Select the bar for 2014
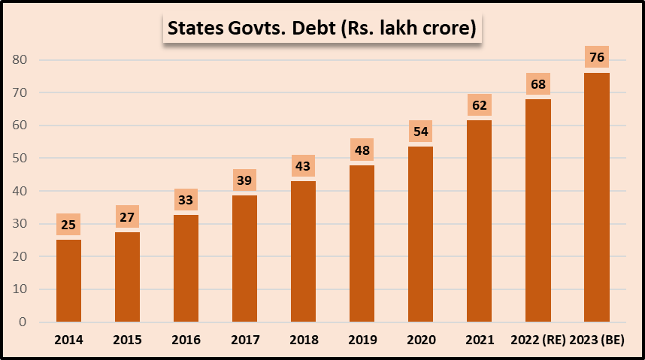[x=68, y=280]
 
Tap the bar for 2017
[x=244, y=259]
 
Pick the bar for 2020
[x=420, y=234]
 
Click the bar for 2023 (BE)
[x=596, y=197]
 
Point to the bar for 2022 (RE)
[x=537, y=210]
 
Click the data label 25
[x=68, y=224]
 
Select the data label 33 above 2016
[x=186, y=200]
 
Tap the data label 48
[x=362, y=150]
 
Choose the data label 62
[x=479, y=104]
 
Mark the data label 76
[x=596, y=57]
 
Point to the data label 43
[x=303, y=166]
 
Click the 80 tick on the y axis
[x=20, y=60]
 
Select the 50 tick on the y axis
[x=20, y=159]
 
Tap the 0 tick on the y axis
[x=23, y=322]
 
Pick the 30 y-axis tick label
[x=20, y=224]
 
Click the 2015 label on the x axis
[x=127, y=340]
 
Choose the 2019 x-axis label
[x=362, y=340]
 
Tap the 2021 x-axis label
[x=479, y=340]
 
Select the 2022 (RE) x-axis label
[x=537, y=340]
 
